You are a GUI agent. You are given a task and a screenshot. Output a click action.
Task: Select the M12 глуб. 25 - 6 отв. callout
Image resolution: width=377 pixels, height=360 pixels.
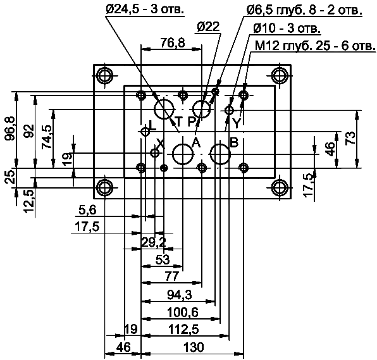click(314, 46)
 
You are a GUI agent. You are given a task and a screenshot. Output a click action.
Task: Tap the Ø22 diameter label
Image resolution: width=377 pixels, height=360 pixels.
click(208, 27)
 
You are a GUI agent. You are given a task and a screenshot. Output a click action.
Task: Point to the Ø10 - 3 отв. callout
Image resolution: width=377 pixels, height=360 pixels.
click(286, 29)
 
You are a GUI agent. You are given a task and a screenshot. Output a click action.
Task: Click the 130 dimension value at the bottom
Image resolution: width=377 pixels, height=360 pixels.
click(194, 347)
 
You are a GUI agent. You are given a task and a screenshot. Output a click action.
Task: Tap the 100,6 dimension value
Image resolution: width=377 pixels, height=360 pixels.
click(182, 312)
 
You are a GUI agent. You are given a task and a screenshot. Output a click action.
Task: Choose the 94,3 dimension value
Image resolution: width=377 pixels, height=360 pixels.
click(180, 295)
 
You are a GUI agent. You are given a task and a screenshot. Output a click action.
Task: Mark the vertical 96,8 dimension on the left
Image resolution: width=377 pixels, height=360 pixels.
click(9, 130)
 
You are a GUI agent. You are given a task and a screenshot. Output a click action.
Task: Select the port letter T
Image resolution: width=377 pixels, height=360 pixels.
click(178, 121)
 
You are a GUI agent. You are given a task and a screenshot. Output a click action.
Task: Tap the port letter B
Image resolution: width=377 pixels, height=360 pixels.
click(233, 142)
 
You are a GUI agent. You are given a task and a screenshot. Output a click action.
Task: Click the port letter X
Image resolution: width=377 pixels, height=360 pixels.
click(160, 144)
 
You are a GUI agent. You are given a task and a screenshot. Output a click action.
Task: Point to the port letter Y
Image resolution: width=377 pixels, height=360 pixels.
click(236, 121)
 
